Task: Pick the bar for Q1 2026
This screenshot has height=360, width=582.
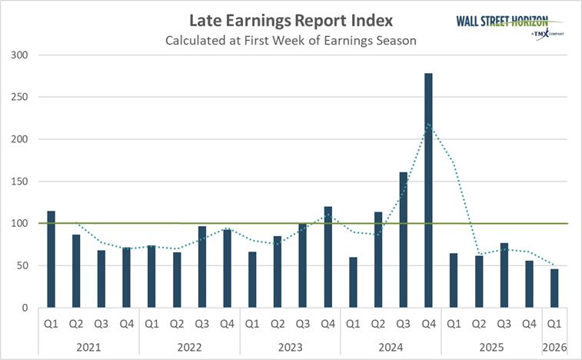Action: pyautogui.click(x=554, y=288)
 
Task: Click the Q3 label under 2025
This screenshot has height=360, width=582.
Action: pyautogui.click(x=504, y=323)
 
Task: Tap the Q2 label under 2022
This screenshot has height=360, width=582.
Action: pyautogui.click(x=177, y=323)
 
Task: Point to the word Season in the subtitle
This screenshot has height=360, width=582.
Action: pyautogui.click(x=394, y=41)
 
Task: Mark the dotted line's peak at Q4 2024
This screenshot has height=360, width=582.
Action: pyautogui.click(x=428, y=124)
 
